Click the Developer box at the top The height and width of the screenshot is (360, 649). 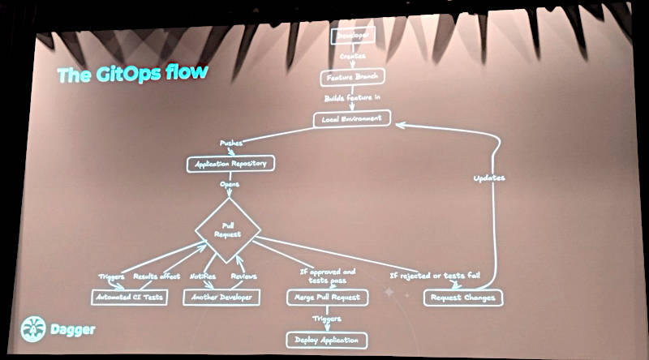click(351, 37)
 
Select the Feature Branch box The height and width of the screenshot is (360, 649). click(351, 77)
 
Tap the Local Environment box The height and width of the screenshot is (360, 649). click(351, 118)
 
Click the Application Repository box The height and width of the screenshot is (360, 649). click(230, 164)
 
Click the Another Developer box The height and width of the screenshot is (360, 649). click(222, 297)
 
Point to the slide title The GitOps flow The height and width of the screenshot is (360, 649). click(132, 74)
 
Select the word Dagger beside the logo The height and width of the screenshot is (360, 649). click(74, 330)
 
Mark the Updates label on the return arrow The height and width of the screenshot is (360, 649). click(488, 178)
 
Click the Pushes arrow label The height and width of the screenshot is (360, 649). click(234, 143)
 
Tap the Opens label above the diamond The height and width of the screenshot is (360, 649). click(230, 184)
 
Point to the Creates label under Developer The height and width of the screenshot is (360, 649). click(351, 58)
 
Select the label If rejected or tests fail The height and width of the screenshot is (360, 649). click(435, 276)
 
